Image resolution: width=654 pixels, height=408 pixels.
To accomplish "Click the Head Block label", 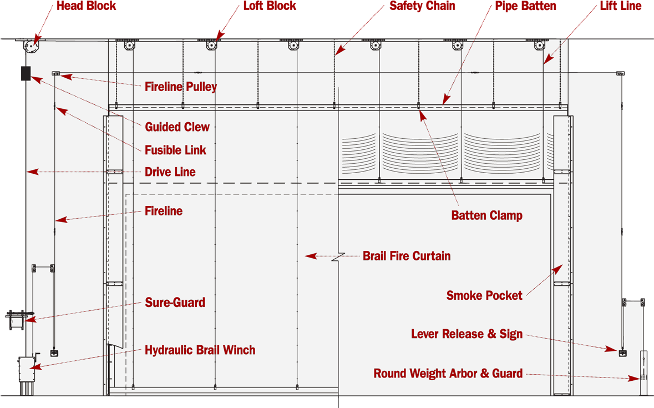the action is coord(87,6).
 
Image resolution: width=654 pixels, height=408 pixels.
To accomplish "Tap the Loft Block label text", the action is coord(270,6).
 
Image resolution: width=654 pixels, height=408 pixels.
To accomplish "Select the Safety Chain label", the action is coord(423,6).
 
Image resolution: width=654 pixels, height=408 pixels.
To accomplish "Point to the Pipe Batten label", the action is coord(525,6).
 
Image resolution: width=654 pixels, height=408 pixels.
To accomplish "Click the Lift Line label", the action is coord(621,6).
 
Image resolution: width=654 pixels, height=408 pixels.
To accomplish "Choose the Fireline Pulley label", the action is coord(181,87).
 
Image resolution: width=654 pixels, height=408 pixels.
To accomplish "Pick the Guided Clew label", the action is coord(178,127).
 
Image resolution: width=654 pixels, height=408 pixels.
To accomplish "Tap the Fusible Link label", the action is coord(176,150).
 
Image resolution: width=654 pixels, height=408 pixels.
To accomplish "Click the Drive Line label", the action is coord(170,172).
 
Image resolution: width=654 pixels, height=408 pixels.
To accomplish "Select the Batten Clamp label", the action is coord(486,215).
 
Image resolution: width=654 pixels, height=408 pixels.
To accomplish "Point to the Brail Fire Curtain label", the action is coord(407,256).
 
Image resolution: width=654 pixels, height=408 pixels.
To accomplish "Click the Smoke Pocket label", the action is coord(484,295).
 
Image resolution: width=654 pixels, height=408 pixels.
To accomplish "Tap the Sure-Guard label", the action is coord(175,303).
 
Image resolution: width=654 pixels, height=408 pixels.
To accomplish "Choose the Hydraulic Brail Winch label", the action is coord(200,350).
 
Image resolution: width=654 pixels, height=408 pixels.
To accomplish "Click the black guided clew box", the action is coord(26,73).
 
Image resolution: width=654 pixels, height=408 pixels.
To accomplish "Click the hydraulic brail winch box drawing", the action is coord(28,369).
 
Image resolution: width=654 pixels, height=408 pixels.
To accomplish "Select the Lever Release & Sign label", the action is coord(467,334).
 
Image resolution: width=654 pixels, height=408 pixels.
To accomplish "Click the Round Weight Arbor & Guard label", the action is coord(448,374).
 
